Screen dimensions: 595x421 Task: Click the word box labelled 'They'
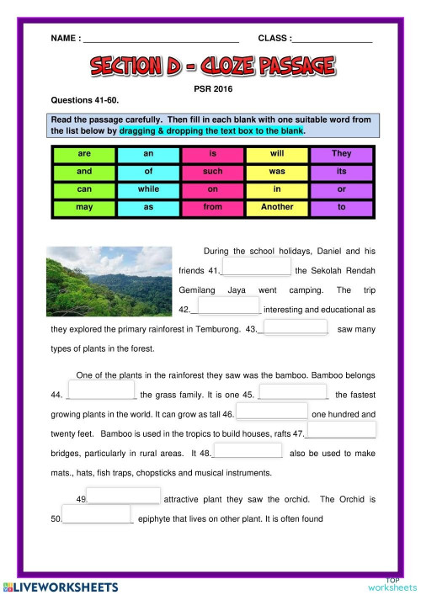(x=342, y=155)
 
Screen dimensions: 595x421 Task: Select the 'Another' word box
(x=277, y=206)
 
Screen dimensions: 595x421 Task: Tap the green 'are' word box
(x=83, y=155)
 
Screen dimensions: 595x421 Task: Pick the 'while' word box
(x=148, y=189)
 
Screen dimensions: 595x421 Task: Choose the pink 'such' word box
(x=212, y=172)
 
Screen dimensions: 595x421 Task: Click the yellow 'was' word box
(x=277, y=172)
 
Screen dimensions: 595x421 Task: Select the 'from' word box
(x=212, y=206)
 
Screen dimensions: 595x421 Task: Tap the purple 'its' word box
(x=342, y=172)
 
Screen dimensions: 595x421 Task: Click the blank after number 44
(x=100, y=392)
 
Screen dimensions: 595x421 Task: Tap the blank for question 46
(x=273, y=412)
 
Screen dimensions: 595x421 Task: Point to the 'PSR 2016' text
(x=210, y=87)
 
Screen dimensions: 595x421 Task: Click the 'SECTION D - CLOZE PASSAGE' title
(x=210, y=66)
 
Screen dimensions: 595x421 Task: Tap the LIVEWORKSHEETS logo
(x=58, y=585)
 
